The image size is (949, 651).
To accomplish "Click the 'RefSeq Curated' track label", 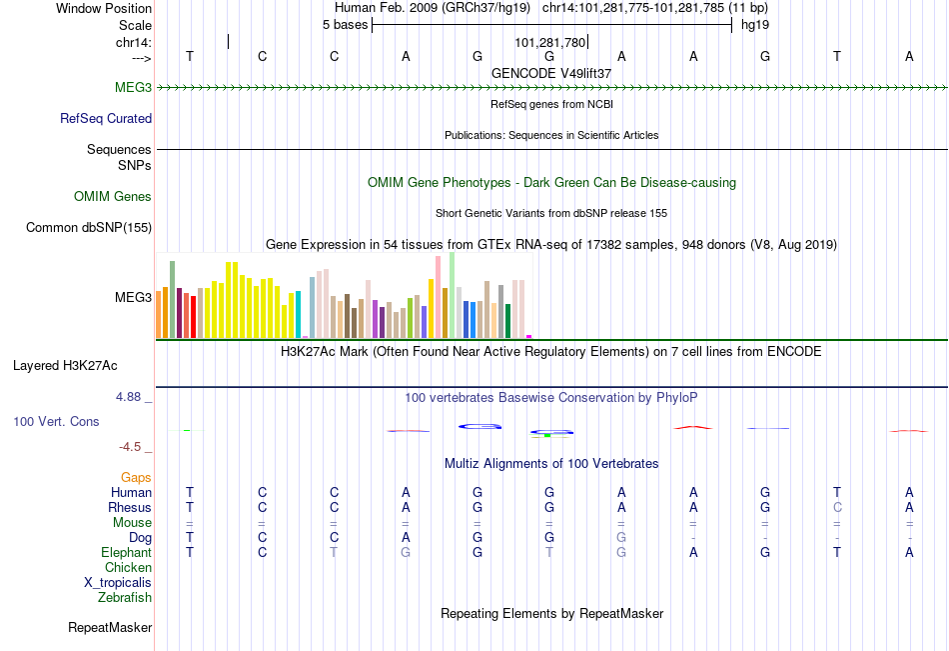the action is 106,118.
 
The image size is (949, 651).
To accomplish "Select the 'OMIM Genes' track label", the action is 113,196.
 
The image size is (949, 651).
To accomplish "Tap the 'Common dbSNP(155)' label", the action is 89,227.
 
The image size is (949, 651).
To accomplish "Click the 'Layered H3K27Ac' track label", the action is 65,366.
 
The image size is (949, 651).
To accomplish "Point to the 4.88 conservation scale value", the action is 128,397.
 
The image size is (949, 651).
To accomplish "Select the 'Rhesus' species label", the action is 130,507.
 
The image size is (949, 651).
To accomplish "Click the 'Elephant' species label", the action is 127,552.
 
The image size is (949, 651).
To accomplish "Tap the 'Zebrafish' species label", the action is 125,597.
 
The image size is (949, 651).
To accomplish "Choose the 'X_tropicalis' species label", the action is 118,583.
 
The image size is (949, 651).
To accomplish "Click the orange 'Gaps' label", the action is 136,478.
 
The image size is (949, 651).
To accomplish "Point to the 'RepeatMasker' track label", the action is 110,627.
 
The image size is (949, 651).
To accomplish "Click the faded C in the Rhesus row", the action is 837,507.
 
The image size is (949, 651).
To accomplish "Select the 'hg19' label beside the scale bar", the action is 755,25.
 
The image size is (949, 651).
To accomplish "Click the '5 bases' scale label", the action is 345,25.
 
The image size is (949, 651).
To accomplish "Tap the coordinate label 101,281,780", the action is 550,42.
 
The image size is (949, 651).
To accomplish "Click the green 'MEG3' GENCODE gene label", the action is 133,87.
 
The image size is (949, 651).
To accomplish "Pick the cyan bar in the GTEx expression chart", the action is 299,314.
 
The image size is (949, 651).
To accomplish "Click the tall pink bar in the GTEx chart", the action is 439,297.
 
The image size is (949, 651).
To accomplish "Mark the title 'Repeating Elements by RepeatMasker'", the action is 552,613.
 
